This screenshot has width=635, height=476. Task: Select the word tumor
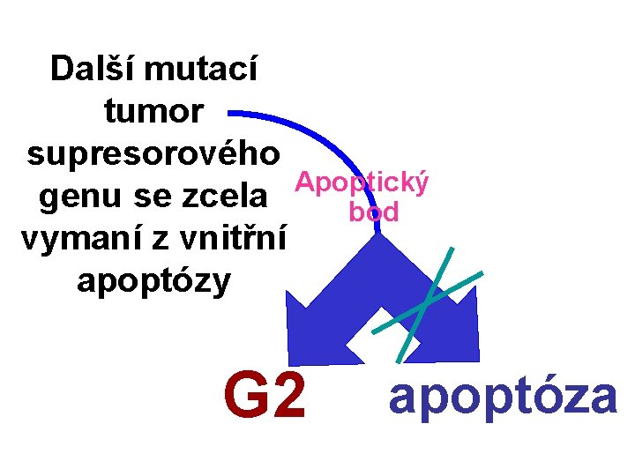[x=154, y=111]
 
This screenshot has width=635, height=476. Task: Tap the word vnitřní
[x=226, y=238]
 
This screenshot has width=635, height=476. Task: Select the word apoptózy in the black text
[x=154, y=280]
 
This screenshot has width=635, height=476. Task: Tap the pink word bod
[x=374, y=212]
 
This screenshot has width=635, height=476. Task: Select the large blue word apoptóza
[x=503, y=396]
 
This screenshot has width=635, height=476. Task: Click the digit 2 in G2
[x=287, y=398]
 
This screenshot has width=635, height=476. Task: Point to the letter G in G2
[x=244, y=398]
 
